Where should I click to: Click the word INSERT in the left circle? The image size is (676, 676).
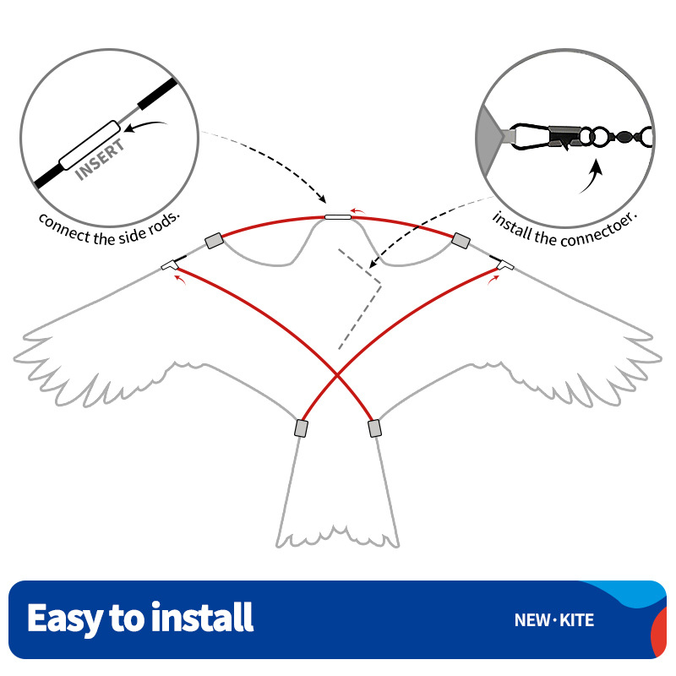coord(100,160)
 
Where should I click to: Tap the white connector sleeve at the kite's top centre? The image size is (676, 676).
coord(337,217)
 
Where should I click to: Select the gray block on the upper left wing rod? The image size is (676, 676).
coord(215,241)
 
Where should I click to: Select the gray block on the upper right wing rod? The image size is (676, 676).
coord(461,241)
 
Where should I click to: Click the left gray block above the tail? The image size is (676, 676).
coord(301,428)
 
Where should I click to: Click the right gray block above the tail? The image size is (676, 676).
coord(374,428)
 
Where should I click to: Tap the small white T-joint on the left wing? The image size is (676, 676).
coord(169,265)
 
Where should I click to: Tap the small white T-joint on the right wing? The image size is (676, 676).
coord(505,265)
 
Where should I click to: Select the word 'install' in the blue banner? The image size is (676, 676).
coord(202,617)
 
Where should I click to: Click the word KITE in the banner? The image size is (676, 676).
coord(576,620)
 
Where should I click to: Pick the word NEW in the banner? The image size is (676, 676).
coord(532,620)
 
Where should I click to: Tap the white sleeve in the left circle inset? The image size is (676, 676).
coord(90,144)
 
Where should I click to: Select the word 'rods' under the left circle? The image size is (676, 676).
coord(164,222)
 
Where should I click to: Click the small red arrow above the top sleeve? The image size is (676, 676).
coord(357,210)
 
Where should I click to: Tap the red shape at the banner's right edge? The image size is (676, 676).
coord(659,633)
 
